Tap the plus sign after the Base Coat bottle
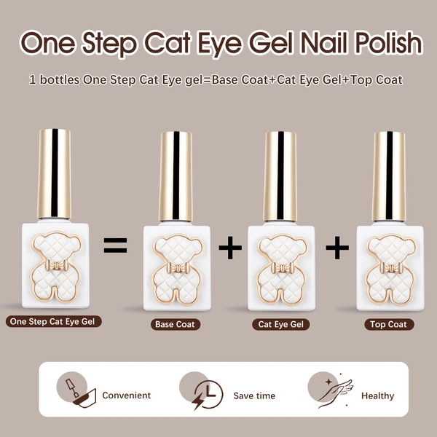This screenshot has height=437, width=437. (230, 248)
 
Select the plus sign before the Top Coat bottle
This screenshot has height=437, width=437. (337, 248)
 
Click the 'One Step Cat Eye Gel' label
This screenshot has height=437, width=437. (53, 321)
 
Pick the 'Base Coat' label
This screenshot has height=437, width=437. (175, 324)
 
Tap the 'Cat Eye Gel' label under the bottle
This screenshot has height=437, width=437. (281, 324)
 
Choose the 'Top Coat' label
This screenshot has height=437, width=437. (387, 324)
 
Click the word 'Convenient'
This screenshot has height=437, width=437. (127, 395)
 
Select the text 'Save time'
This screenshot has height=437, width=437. (254, 395)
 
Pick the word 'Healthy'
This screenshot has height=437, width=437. (377, 395)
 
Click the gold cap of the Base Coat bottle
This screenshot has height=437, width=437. (175, 175)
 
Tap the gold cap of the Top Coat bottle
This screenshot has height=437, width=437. (389, 175)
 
